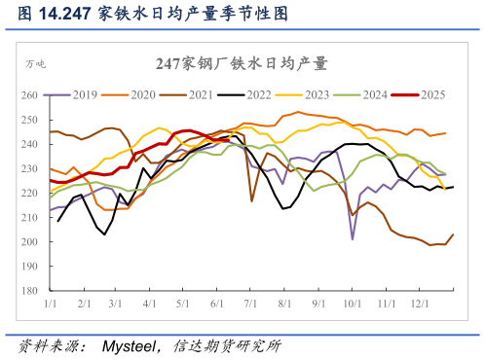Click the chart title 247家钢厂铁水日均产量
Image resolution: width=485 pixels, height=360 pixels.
coord(242,63)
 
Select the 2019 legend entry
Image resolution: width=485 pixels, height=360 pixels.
coord(84,94)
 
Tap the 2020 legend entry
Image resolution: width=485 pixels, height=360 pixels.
coord(142,94)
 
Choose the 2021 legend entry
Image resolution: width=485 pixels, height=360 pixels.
coord(200,94)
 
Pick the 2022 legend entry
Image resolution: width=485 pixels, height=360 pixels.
coord(258,94)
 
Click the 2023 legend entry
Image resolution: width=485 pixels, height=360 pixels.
coord(317,94)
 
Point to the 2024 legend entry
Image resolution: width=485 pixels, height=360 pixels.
coord(374,94)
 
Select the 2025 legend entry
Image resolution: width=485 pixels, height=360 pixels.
coord(432,94)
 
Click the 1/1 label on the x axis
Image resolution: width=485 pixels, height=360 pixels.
coord(50,305)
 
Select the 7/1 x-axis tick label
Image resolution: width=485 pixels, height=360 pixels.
coord(249,305)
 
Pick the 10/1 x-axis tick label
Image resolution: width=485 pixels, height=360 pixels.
coord(353,305)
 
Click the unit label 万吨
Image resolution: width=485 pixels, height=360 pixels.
coord(35,64)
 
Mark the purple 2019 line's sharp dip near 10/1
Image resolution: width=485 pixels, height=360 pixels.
coord(353,238)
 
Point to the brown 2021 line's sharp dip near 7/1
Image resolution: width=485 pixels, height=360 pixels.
coord(251,200)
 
